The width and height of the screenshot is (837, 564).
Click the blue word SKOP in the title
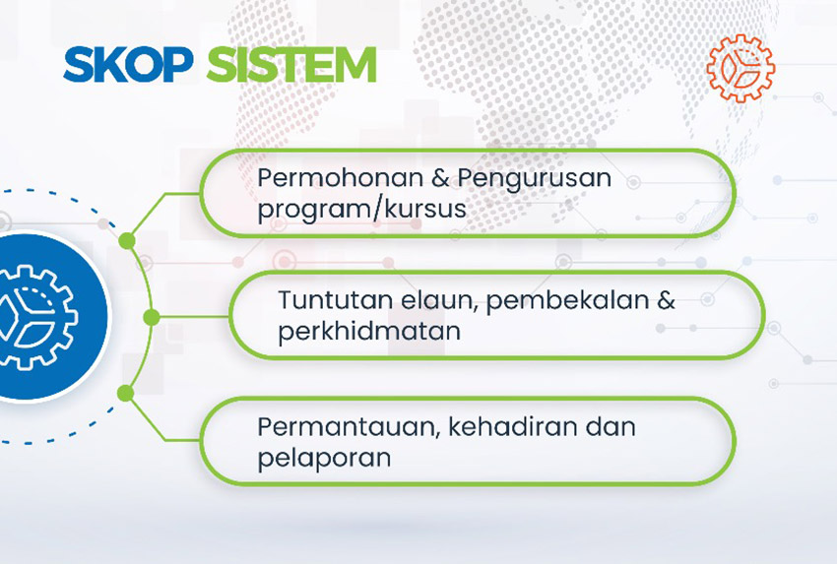128,65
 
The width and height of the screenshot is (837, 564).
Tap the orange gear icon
740,68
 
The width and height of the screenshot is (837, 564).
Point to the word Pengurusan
535,179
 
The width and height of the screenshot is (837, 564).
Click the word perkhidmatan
369,331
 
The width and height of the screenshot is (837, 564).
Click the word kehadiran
513,427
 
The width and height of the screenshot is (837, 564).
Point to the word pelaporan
324,459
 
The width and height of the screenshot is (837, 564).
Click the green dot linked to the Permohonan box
126,240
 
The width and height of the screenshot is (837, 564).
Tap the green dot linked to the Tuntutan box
152,318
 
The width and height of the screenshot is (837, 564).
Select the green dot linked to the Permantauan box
125,394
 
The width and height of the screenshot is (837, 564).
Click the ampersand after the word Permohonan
440,178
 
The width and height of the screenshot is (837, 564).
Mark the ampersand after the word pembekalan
666,300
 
